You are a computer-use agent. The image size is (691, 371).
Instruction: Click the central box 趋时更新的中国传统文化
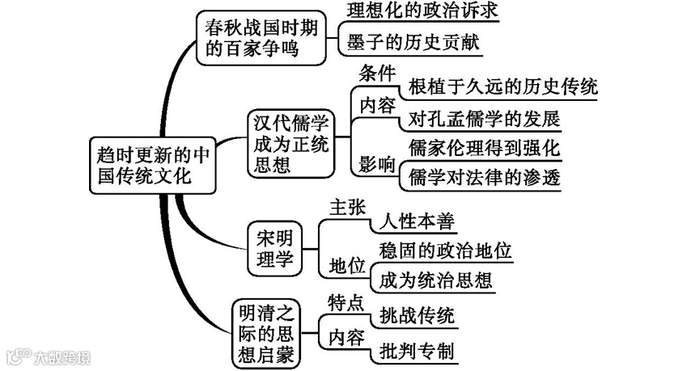[x=151, y=165]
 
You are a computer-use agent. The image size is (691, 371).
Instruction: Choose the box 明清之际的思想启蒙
[x=264, y=332]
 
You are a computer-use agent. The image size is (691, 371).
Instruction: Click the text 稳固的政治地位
[x=444, y=251]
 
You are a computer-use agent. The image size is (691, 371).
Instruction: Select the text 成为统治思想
[x=435, y=280]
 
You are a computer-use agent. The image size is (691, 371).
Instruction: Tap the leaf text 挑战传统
[x=412, y=315]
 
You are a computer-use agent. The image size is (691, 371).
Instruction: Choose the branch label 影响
[x=376, y=164]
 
